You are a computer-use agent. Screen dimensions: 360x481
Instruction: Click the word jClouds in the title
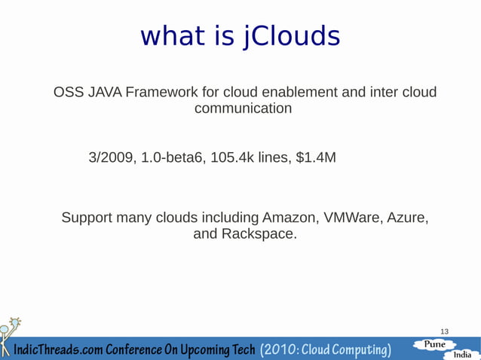290,36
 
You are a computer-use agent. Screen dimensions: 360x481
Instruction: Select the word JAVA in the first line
101,93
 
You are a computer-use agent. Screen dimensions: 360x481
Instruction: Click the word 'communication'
244,109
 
